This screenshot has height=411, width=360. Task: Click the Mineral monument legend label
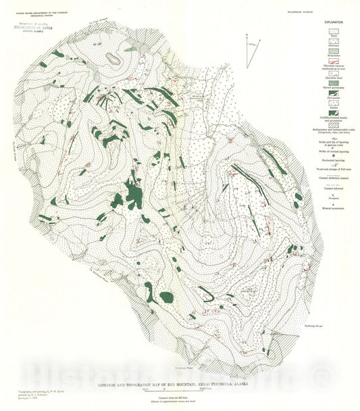click(332, 208)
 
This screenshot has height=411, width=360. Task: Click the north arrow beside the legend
click(250, 44)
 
